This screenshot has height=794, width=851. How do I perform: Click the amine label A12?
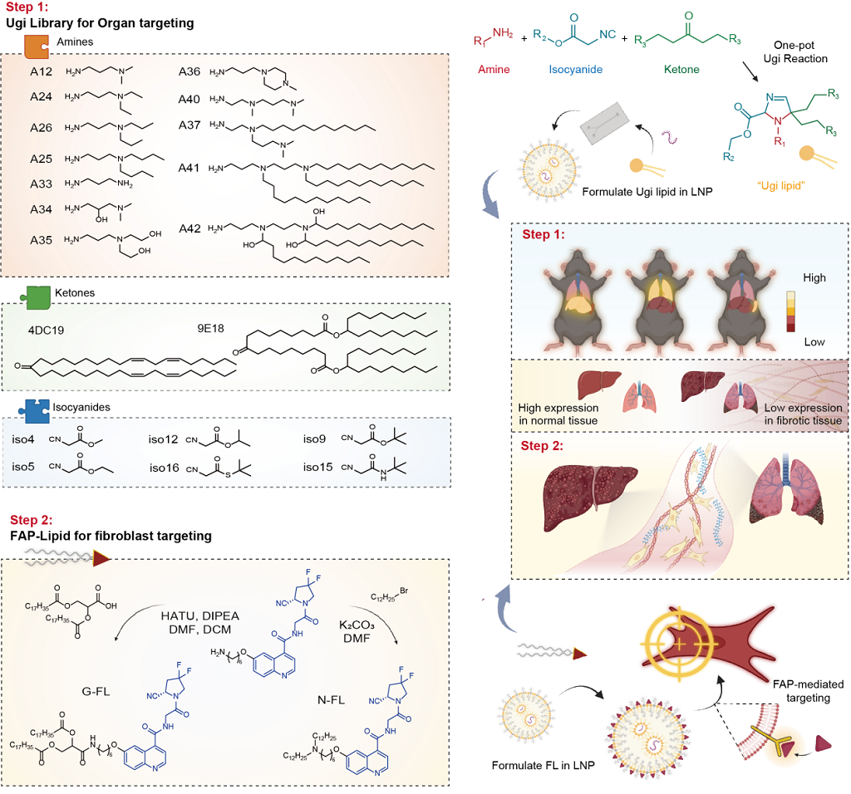(41, 71)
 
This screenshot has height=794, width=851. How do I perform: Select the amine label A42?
(191, 228)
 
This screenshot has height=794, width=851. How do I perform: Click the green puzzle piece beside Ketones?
(35, 294)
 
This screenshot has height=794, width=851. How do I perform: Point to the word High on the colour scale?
(814, 277)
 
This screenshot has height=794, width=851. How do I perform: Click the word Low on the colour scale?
(814, 341)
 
